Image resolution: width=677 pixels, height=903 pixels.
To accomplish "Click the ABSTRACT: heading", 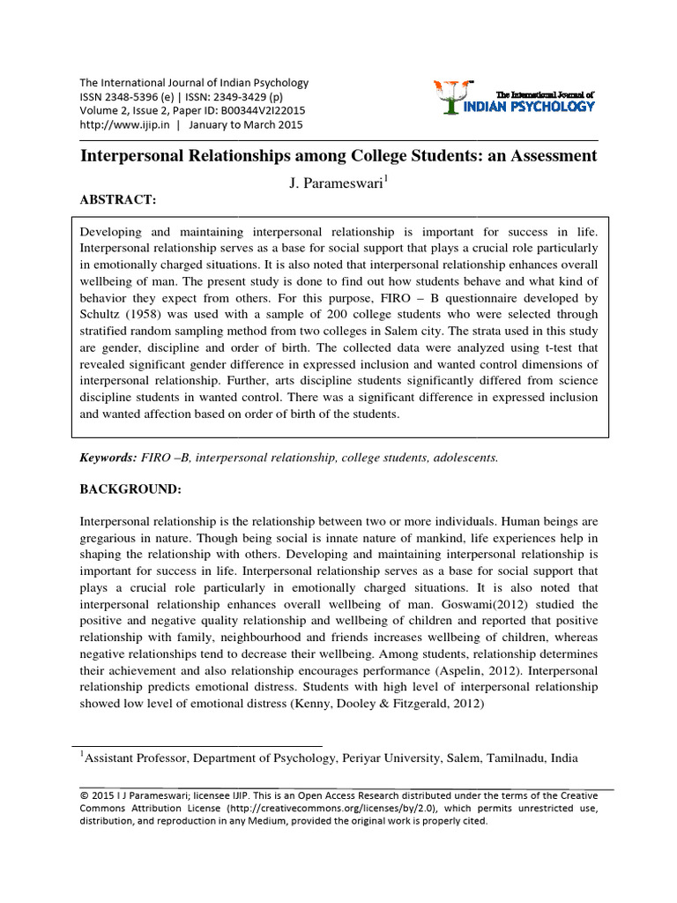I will pos(118,200).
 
